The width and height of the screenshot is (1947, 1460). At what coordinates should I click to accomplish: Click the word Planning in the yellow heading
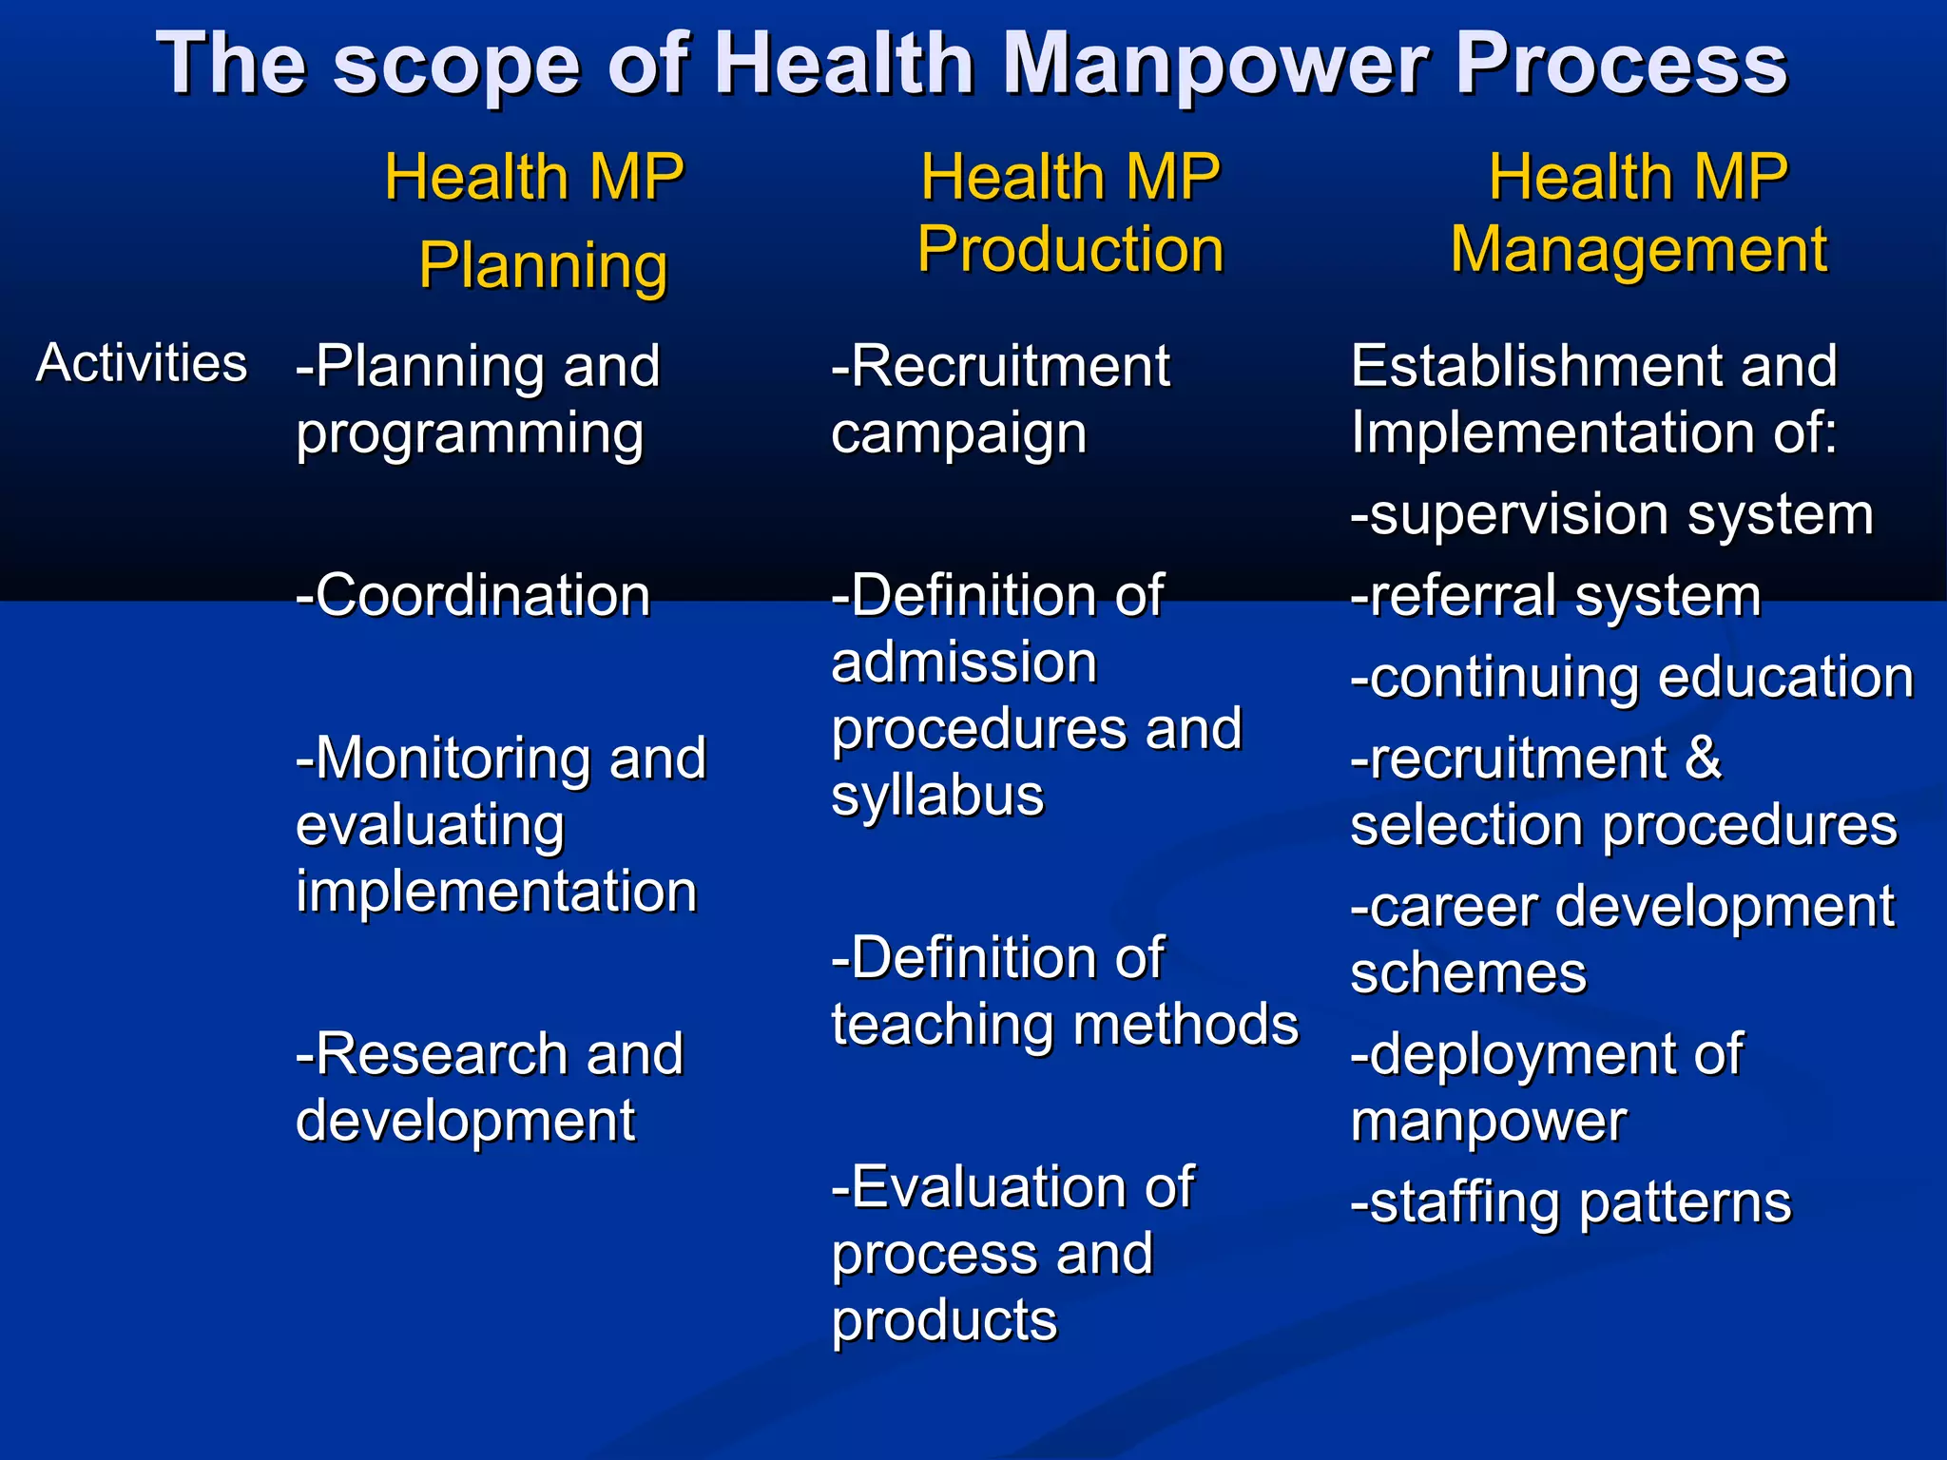click(x=543, y=265)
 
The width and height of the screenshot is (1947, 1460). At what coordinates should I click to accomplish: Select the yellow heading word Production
click(x=1070, y=249)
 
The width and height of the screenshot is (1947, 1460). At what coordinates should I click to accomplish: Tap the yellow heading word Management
click(x=1638, y=249)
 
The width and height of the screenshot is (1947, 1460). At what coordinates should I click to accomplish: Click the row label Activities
click(x=142, y=363)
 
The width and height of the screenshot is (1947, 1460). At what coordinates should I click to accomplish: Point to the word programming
click(x=470, y=433)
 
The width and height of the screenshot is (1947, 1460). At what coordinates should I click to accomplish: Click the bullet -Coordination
click(x=472, y=596)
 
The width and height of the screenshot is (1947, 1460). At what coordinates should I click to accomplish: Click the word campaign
click(x=958, y=433)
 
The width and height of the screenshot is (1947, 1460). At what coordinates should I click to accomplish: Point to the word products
click(x=944, y=1321)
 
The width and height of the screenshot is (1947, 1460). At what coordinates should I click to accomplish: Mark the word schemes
click(x=1469, y=973)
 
